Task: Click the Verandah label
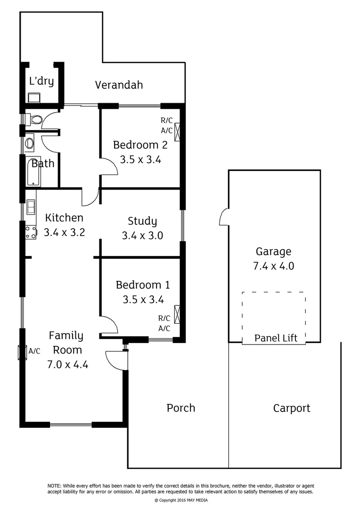tap(119, 85)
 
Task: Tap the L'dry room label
tap(41, 81)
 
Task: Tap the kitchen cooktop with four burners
tap(31, 232)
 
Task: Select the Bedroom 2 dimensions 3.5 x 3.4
tap(140, 160)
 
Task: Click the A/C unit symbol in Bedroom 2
tap(178, 131)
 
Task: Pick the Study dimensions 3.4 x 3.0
tap(142, 236)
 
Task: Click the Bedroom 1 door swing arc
tap(110, 324)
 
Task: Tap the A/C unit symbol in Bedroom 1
tap(178, 314)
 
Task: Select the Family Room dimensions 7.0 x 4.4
tap(68, 364)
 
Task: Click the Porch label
tap(181, 408)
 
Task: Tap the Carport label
tap(292, 408)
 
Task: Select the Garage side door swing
tap(224, 218)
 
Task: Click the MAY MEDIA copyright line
tap(181, 501)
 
